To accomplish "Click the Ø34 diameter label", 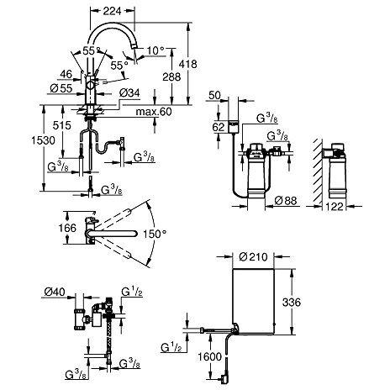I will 129,92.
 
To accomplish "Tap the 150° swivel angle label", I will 152,233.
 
